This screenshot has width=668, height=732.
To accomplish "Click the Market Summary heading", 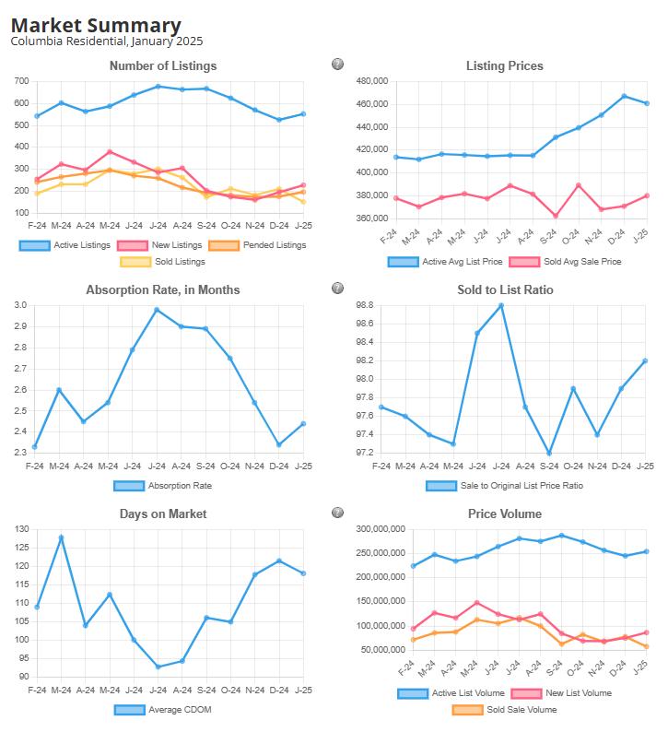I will pos(96,26).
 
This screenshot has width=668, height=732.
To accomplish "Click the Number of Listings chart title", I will pos(163,65).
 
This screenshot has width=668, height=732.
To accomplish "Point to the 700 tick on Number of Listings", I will pos(20,81).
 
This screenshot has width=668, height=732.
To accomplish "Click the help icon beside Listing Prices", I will pos(337,65).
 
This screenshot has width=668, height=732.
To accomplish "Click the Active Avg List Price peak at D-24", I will pos(624,96).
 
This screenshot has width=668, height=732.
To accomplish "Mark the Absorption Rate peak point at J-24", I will pos(158,310).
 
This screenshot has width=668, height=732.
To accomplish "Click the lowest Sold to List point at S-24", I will pos(549,453).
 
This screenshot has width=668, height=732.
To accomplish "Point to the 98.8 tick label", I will pos(363,305).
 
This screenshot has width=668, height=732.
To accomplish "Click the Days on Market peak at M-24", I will pos(61,537).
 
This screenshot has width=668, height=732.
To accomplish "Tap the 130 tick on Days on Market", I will pos(20,529).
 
